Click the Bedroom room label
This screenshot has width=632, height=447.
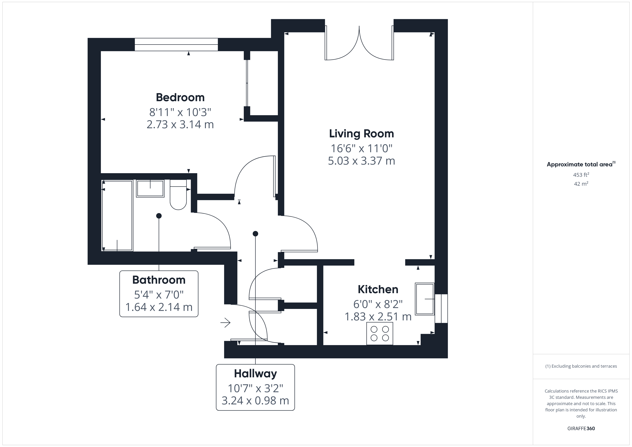180,97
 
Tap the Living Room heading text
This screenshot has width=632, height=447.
362,134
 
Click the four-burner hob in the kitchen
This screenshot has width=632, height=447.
380,333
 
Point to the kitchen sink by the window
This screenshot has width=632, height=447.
424,299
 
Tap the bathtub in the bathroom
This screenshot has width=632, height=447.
117,215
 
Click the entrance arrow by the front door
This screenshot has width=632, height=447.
225,322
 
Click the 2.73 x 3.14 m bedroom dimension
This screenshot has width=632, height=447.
180,124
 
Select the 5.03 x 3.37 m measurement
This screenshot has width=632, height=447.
362,161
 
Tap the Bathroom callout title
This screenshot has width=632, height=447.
159,280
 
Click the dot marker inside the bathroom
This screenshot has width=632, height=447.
159,216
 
